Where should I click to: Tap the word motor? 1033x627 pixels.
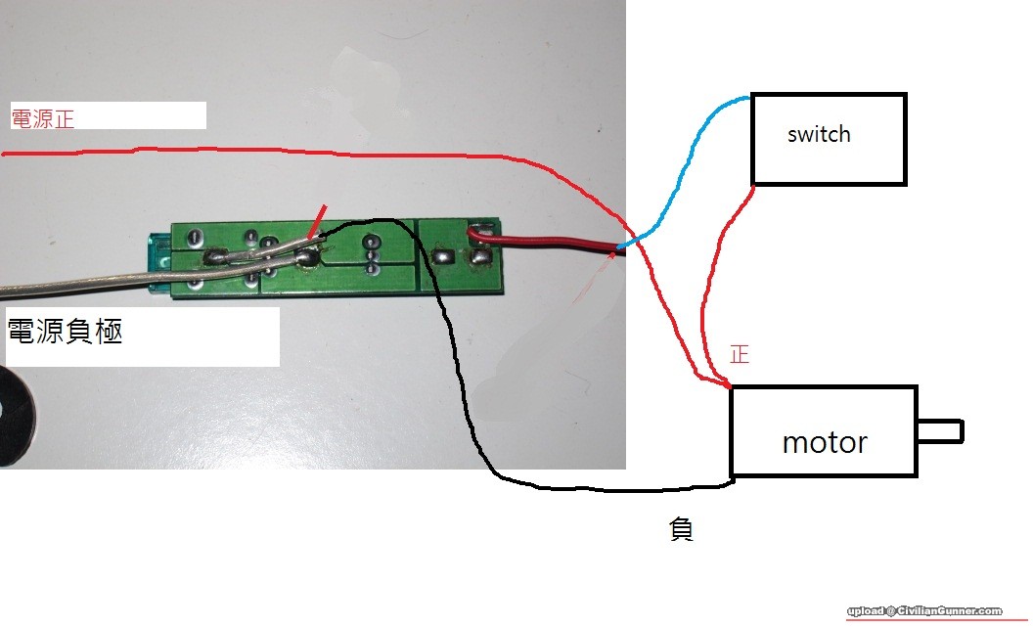point(824,443)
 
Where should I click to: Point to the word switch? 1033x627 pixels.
point(819,134)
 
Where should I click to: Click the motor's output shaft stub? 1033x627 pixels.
point(940,430)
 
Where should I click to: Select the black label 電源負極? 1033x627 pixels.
point(65,332)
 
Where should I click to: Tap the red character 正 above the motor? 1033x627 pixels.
point(740,354)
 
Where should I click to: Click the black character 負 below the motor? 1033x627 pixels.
point(681,530)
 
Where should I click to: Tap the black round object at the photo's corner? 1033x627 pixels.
point(12,415)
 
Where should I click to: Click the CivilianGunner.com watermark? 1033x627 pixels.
point(924,610)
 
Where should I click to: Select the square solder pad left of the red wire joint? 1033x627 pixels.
point(442,256)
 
